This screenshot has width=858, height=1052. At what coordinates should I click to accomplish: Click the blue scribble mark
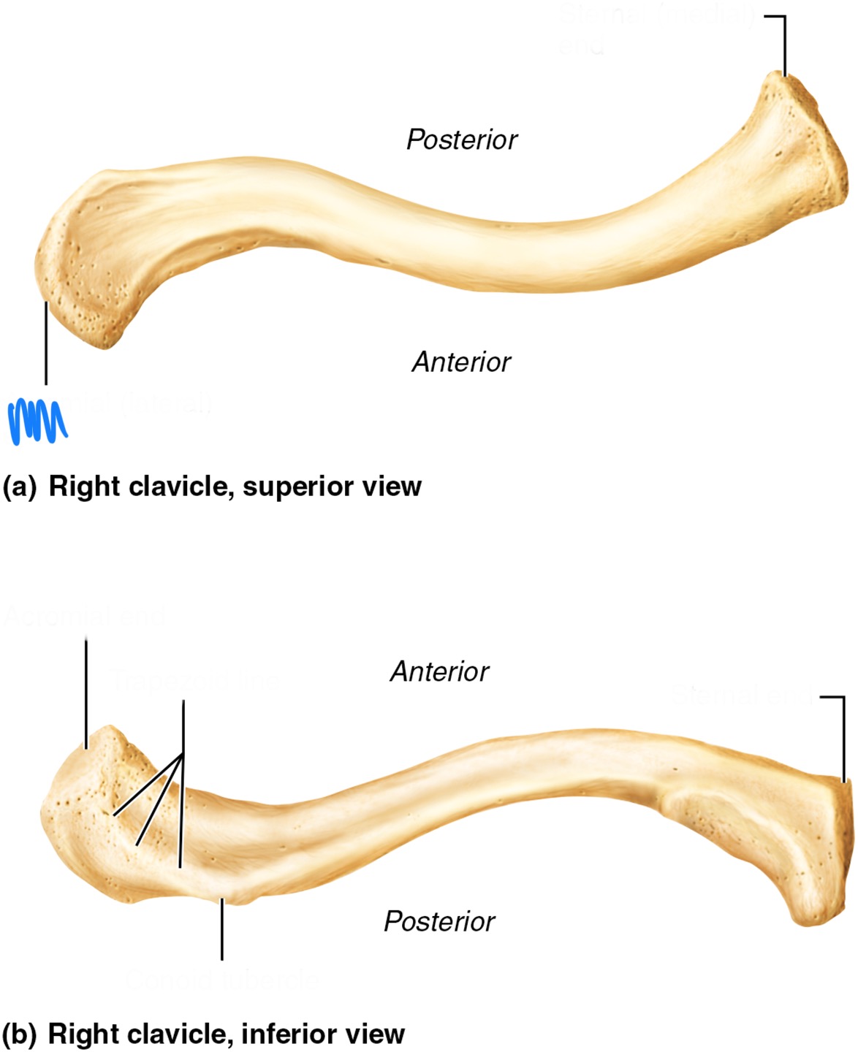(x=37, y=422)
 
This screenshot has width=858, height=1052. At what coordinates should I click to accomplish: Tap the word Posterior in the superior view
(x=461, y=140)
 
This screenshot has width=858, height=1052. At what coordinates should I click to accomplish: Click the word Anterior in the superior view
(x=461, y=362)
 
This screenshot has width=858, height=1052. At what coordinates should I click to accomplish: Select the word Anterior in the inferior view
(x=439, y=671)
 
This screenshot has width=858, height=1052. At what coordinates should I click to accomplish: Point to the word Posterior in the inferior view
(x=439, y=921)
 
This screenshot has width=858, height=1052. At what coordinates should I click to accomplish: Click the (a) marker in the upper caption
(x=19, y=487)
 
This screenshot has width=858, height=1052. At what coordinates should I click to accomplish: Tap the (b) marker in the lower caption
(x=19, y=1034)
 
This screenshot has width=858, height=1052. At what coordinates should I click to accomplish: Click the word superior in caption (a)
(x=295, y=487)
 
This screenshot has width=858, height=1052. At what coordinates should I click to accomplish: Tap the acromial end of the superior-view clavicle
(x=80, y=285)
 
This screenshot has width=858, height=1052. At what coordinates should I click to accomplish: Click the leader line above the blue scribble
(x=46, y=343)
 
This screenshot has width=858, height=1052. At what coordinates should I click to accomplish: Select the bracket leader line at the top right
(x=785, y=44)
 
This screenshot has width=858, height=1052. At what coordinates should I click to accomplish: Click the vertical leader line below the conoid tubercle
(x=221, y=931)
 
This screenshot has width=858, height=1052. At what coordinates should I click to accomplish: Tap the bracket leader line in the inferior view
(x=843, y=738)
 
